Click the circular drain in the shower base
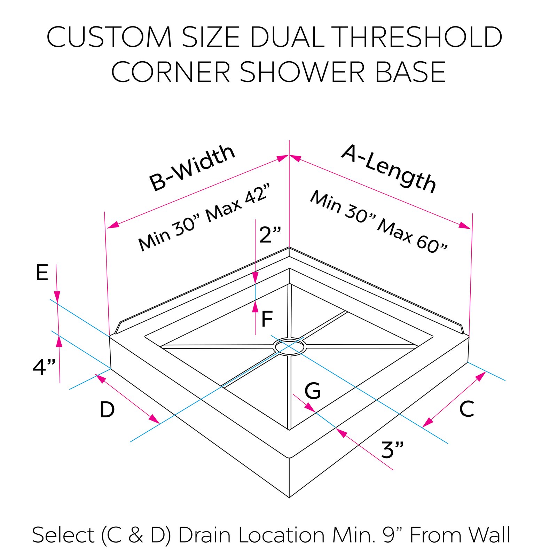(x=290, y=346)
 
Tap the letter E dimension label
(x=42, y=273)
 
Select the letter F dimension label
(x=267, y=319)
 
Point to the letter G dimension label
(x=312, y=391)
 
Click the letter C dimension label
(x=466, y=409)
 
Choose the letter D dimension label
(x=107, y=409)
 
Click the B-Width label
(x=192, y=168)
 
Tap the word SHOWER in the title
(x=302, y=72)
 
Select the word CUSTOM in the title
(x=109, y=37)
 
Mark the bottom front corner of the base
(x=289, y=497)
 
